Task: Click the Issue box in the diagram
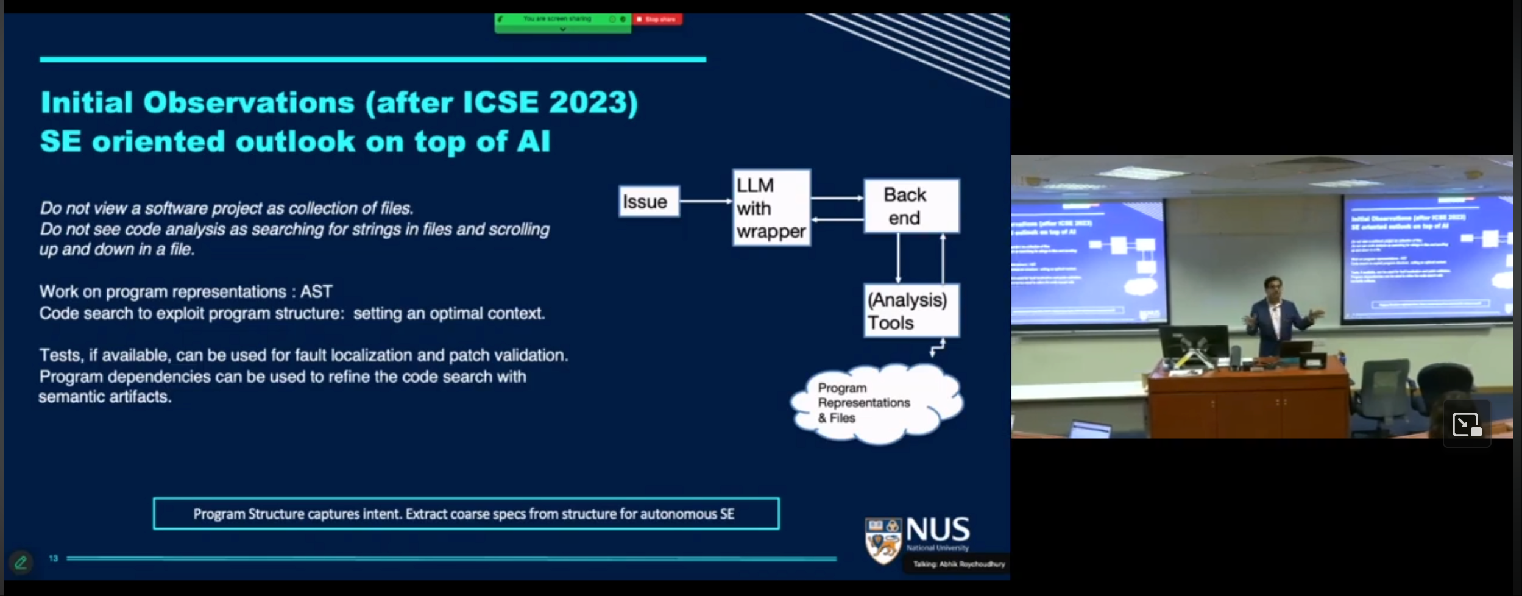649,202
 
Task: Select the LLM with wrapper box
771,208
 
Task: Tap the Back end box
911,206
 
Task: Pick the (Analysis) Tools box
911,311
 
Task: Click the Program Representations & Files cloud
876,403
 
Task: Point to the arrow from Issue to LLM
706,201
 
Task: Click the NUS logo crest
883,540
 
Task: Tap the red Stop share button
657,20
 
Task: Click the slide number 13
54,558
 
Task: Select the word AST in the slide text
316,292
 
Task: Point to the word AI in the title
533,141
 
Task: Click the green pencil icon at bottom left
21,562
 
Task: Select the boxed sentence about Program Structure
465,514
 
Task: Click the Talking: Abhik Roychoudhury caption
958,564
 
